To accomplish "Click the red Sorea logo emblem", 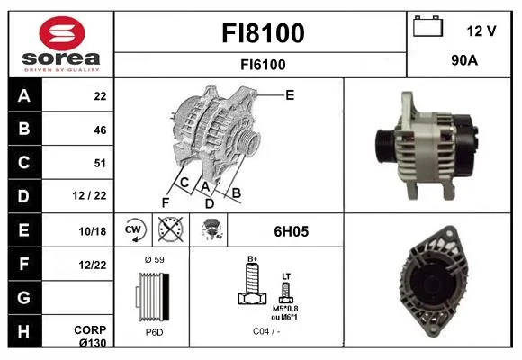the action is tap(62, 33).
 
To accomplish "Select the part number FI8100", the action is tap(263, 33).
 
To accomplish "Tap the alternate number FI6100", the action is tap(263, 65).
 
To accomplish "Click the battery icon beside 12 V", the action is tap(427, 26).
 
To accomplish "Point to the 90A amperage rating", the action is tap(464, 60).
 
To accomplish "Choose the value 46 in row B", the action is tap(100, 130).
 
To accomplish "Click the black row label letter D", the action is tap(23, 196).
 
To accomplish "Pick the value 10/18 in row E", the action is tap(93, 231).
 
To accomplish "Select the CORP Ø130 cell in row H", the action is tap(90, 336).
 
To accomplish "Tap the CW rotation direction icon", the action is tap(135, 230).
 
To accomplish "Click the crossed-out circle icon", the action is tap(170, 229).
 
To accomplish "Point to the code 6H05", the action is tap(292, 231).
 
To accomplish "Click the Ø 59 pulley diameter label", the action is tap(155, 259).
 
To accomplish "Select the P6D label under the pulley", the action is tap(155, 332).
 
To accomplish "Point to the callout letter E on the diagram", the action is tap(290, 95).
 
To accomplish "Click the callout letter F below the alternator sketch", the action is tap(166, 202).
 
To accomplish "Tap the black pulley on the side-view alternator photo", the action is tap(385, 146).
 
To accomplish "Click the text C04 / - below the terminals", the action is tap(266, 331).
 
